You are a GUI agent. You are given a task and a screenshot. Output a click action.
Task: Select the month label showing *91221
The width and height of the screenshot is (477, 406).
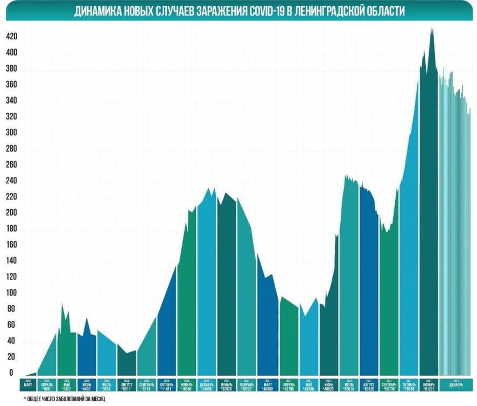[x=429, y=384]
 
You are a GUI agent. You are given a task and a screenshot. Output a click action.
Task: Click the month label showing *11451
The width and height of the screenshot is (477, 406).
[x=167, y=384]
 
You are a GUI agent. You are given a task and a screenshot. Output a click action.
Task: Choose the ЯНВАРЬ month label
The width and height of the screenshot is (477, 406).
[x=227, y=384]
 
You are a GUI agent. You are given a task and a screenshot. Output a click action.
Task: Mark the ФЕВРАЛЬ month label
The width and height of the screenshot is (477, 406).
[x=247, y=384]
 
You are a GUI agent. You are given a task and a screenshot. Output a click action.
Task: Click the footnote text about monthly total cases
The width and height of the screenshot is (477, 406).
[x=67, y=398]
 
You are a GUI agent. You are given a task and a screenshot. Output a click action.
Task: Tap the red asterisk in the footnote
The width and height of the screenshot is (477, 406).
[x=25, y=398]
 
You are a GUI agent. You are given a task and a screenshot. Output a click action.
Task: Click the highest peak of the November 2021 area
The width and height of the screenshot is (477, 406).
[x=432, y=28]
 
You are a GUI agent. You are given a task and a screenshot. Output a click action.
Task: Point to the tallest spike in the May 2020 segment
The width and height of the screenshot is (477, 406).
[x=62, y=305]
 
